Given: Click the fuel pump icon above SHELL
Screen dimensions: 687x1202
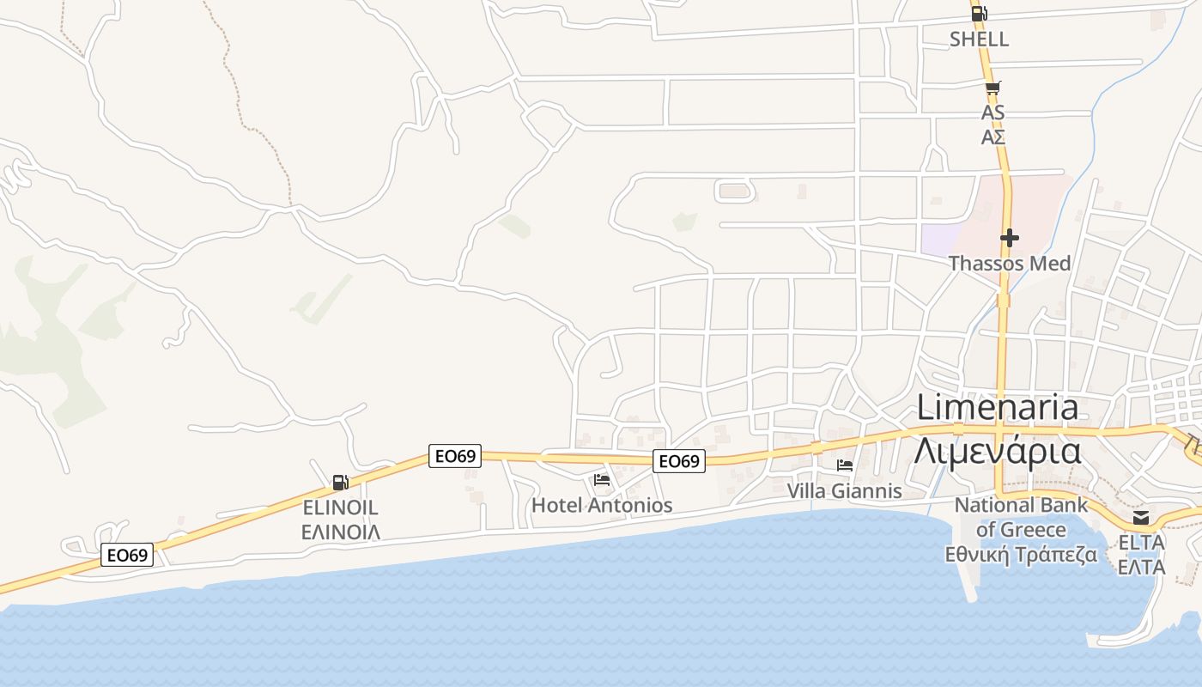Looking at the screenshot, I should coord(979,14).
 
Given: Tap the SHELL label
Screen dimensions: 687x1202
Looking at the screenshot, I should coord(979,40).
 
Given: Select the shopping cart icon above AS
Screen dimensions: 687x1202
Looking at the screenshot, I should coord(993,88).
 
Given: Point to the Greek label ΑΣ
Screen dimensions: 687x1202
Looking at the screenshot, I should coord(993,137).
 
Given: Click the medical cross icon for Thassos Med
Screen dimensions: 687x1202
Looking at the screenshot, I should coord(1010,238).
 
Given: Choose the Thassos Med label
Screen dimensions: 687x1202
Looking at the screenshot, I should coord(1010,264).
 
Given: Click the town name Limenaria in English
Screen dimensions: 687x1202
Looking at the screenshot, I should coord(998,407).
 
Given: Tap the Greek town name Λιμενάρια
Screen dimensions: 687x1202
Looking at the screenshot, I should coord(998,450).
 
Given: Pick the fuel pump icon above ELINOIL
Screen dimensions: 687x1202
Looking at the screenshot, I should coord(341,483).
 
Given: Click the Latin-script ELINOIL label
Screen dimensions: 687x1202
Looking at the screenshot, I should coord(341,508).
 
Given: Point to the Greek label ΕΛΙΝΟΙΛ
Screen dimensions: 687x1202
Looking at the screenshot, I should coord(341,532).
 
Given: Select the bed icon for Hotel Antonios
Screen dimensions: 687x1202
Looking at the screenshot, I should coord(602,479).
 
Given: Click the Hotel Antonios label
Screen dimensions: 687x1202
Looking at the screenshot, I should coord(602,505).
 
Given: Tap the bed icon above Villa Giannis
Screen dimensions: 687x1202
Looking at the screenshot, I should coord(845,465).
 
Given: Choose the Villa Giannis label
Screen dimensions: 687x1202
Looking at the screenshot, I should coord(845,491).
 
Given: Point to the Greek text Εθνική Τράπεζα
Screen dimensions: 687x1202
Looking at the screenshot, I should coord(1021,554).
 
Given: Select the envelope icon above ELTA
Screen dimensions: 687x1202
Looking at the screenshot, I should coord(1141,518).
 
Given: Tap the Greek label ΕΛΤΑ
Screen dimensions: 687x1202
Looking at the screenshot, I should coord(1141,568).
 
